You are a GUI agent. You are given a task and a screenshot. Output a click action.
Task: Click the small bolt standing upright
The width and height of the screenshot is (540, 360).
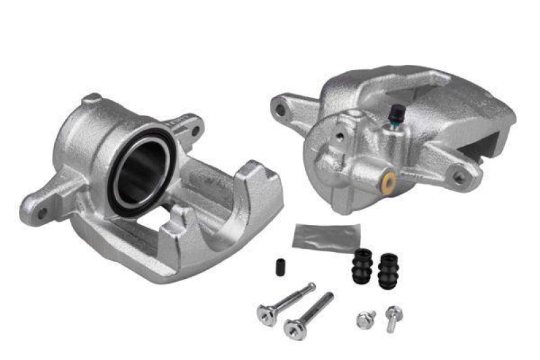(x=394, y=315)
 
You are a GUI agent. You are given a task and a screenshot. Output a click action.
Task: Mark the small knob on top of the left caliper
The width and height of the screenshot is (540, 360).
(x=92, y=101)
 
